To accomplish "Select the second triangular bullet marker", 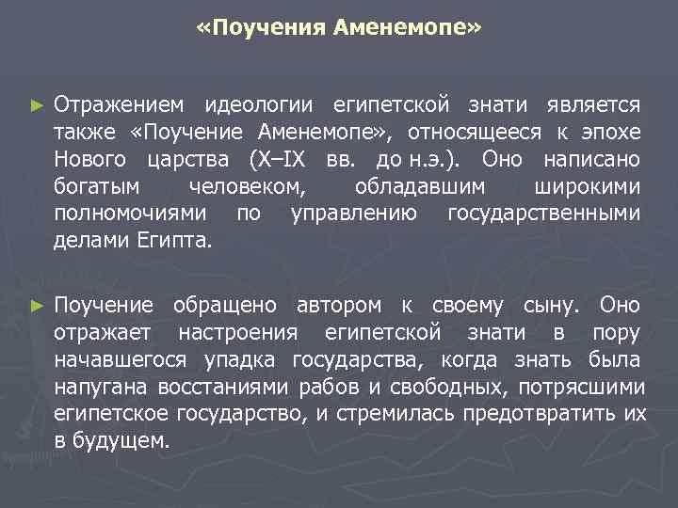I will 37,306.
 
